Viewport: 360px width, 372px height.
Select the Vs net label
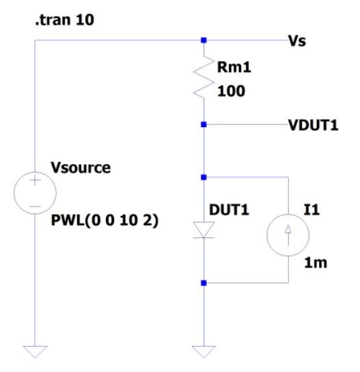298,41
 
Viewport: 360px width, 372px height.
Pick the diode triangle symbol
204,230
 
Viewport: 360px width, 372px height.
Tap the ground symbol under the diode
204,351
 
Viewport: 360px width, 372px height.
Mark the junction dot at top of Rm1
204,40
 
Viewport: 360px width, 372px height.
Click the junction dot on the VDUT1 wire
204,124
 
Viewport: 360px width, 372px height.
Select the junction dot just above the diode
204,177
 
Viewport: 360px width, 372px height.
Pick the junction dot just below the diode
204,282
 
